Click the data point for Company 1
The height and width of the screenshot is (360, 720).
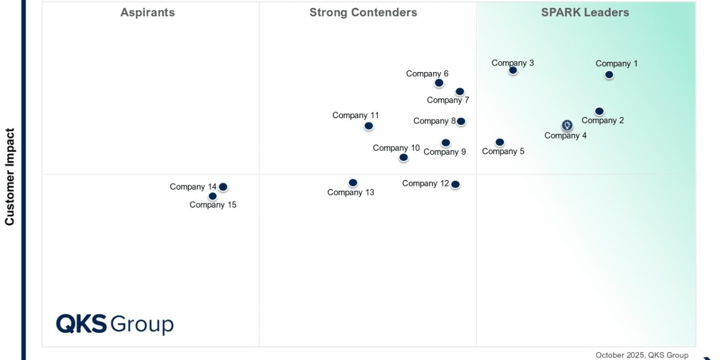pos(609,75)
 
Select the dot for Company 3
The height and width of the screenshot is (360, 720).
pos(513,70)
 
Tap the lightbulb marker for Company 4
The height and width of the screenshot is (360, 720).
pos(567,125)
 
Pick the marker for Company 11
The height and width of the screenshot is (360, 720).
pos(368,126)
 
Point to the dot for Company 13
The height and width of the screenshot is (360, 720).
pos(353,183)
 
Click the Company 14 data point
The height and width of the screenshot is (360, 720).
pos(223,187)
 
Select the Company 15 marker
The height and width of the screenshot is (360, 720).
pos(212,196)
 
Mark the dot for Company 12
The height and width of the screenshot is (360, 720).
pos(455,185)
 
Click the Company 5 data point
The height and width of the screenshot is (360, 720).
pos(499,142)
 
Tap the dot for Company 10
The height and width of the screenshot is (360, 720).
pos(403,157)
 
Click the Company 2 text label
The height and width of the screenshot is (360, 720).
pos(602,121)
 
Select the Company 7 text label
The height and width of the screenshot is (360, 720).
pos(448,100)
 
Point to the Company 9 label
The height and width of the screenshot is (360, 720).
pos(445,152)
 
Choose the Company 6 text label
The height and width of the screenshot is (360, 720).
pos(427,74)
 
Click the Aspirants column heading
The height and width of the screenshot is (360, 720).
pos(148,13)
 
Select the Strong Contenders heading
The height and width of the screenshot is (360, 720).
pos(363,13)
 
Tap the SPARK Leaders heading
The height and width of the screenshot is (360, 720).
pos(585,13)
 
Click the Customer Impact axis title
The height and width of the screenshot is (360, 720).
pos(10,177)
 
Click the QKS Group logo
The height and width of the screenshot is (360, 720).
pos(115,324)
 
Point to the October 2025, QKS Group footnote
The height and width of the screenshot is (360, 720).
pos(642,355)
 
